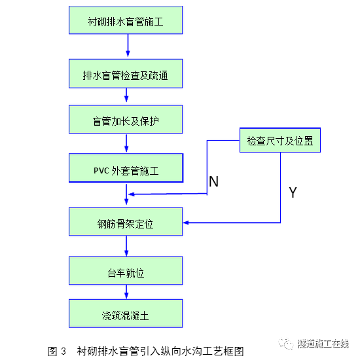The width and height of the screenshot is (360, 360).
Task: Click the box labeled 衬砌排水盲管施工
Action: click(x=126, y=22)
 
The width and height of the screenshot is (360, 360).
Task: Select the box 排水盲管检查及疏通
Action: click(x=126, y=75)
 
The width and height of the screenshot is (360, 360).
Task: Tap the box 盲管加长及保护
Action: click(x=126, y=121)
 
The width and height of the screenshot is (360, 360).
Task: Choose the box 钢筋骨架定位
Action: click(x=126, y=223)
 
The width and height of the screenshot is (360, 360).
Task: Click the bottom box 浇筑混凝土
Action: click(x=126, y=314)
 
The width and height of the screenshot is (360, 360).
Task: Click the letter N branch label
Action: click(x=213, y=181)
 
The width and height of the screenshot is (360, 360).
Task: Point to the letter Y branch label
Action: click(x=293, y=192)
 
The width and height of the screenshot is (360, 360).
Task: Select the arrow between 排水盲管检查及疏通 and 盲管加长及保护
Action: click(x=128, y=97)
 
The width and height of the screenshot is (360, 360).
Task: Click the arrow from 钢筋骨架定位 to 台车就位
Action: click(x=128, y=246)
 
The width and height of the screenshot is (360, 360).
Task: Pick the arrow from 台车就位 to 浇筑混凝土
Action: click(x=128, y=293)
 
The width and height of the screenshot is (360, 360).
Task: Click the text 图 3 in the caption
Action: click(x=57, y=351)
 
